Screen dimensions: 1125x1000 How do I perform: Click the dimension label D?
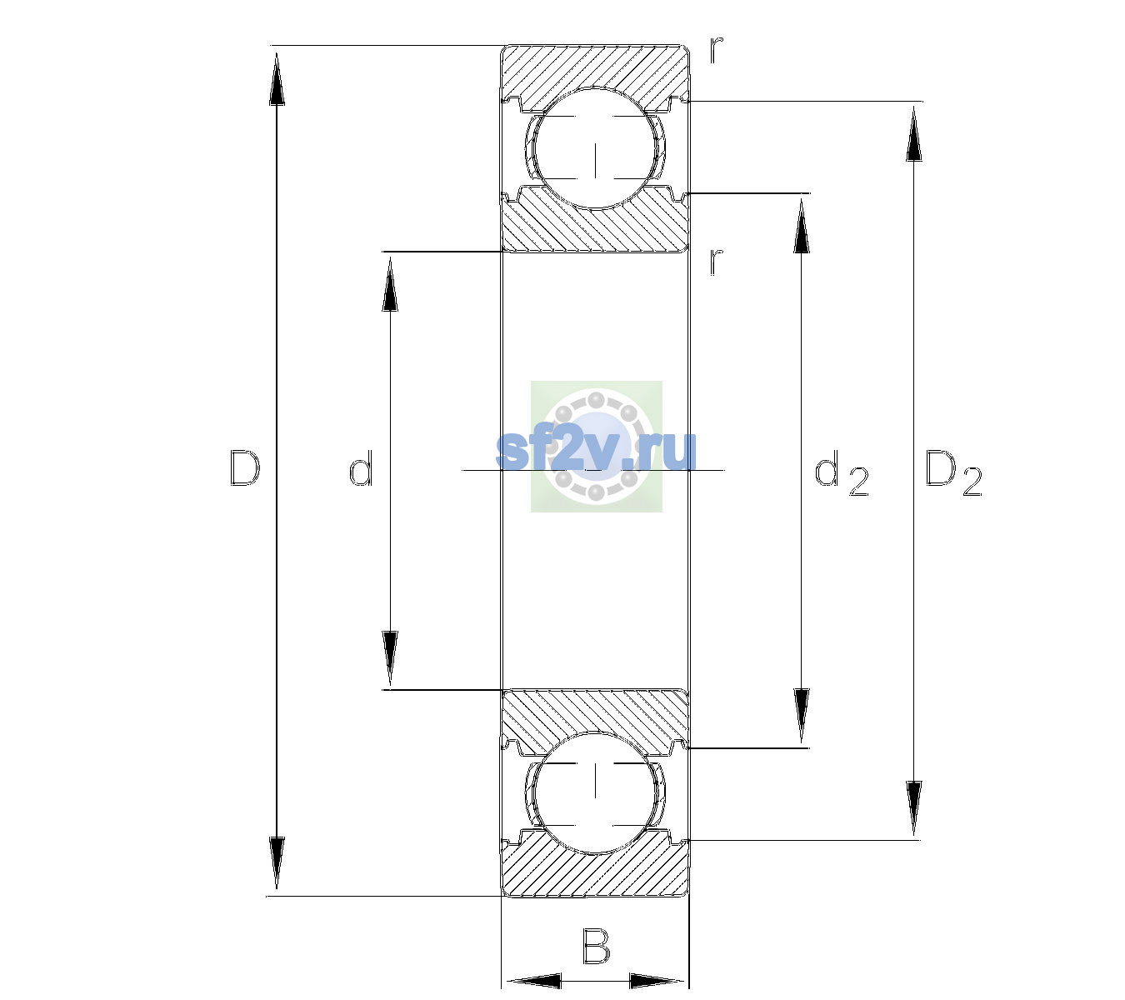(245, 468)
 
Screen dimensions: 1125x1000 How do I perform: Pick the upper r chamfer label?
(717, 50)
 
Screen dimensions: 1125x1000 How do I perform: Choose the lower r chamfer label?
(717, 262)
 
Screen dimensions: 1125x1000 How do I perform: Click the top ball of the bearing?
(595, 147)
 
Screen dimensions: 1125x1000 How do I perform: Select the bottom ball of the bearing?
(595, 792)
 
